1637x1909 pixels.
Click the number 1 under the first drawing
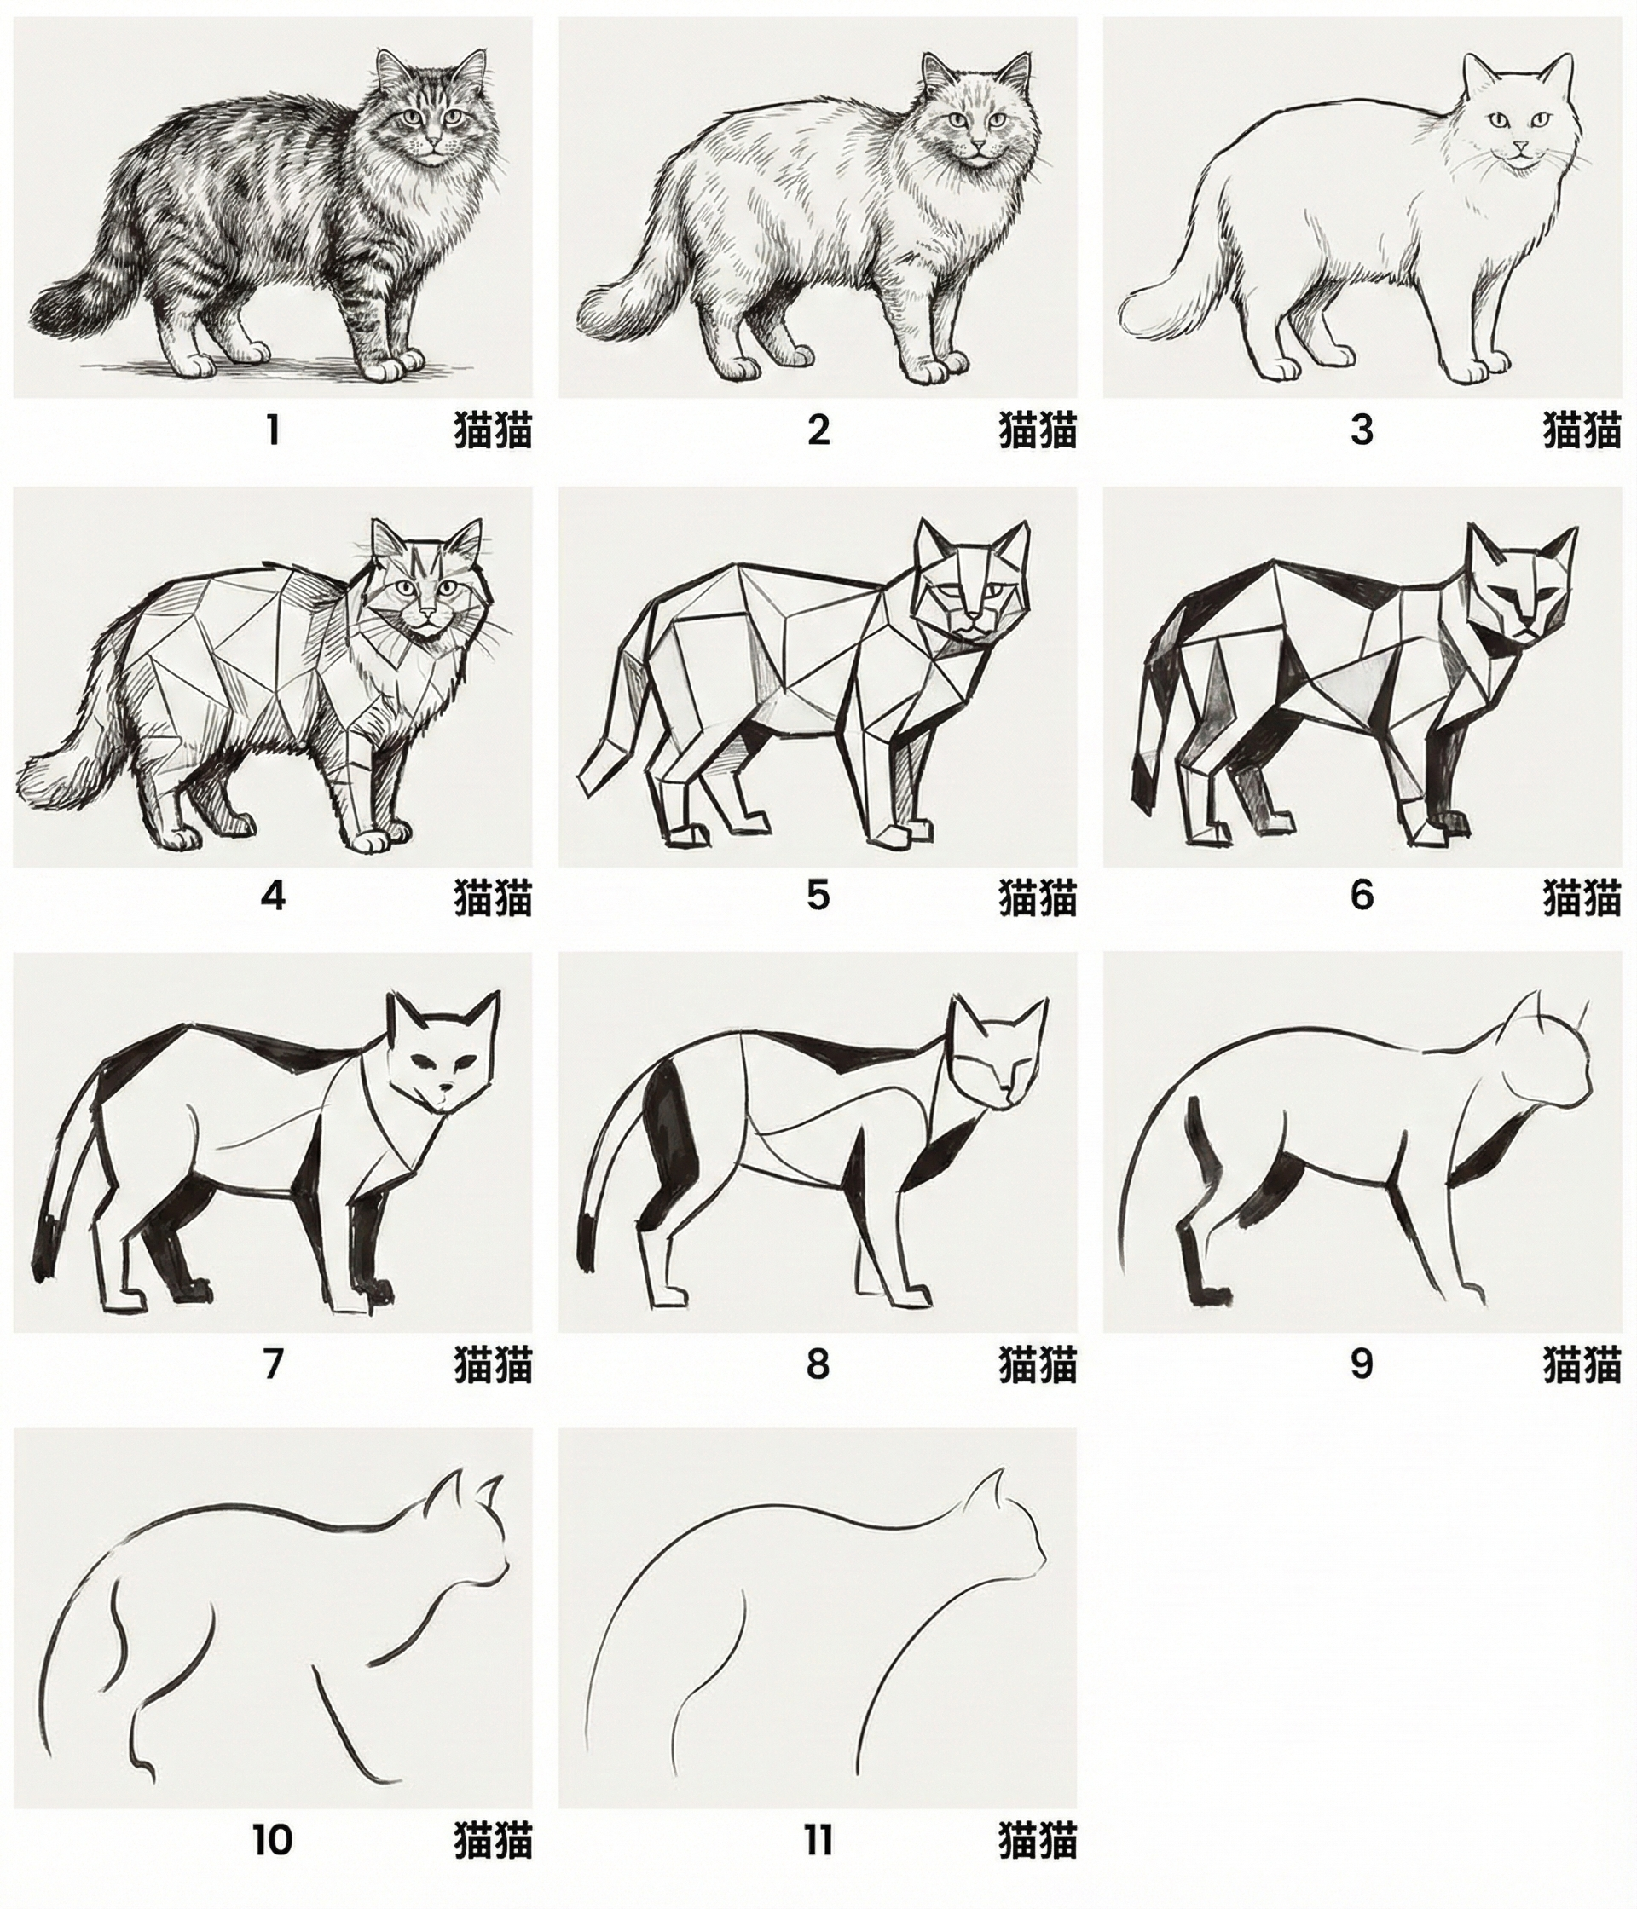pos(272,430)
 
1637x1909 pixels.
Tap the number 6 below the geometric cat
pos(1362,896)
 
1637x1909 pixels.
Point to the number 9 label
pos(1362,1363)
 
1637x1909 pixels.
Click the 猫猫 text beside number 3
pos(1582,430)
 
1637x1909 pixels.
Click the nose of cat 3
pos(1518,148)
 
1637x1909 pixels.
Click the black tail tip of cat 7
pos(45,1240)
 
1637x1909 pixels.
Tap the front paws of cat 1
pos(390,366)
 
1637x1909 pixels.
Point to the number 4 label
pos(273,896)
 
